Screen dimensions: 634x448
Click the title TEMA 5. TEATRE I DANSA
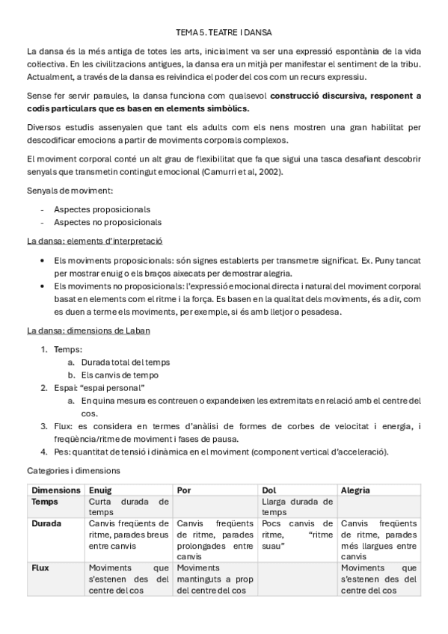tap(224, 34)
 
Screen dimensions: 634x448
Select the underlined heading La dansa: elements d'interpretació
tap(95, 241)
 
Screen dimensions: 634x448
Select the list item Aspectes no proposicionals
tap(107, 222)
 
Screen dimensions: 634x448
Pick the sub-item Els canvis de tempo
tap(120, 375)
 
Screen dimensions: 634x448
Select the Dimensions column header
tap(56, 490)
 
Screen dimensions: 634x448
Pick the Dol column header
tap(270, 490)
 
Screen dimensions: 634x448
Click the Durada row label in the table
tap(48, 524)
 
